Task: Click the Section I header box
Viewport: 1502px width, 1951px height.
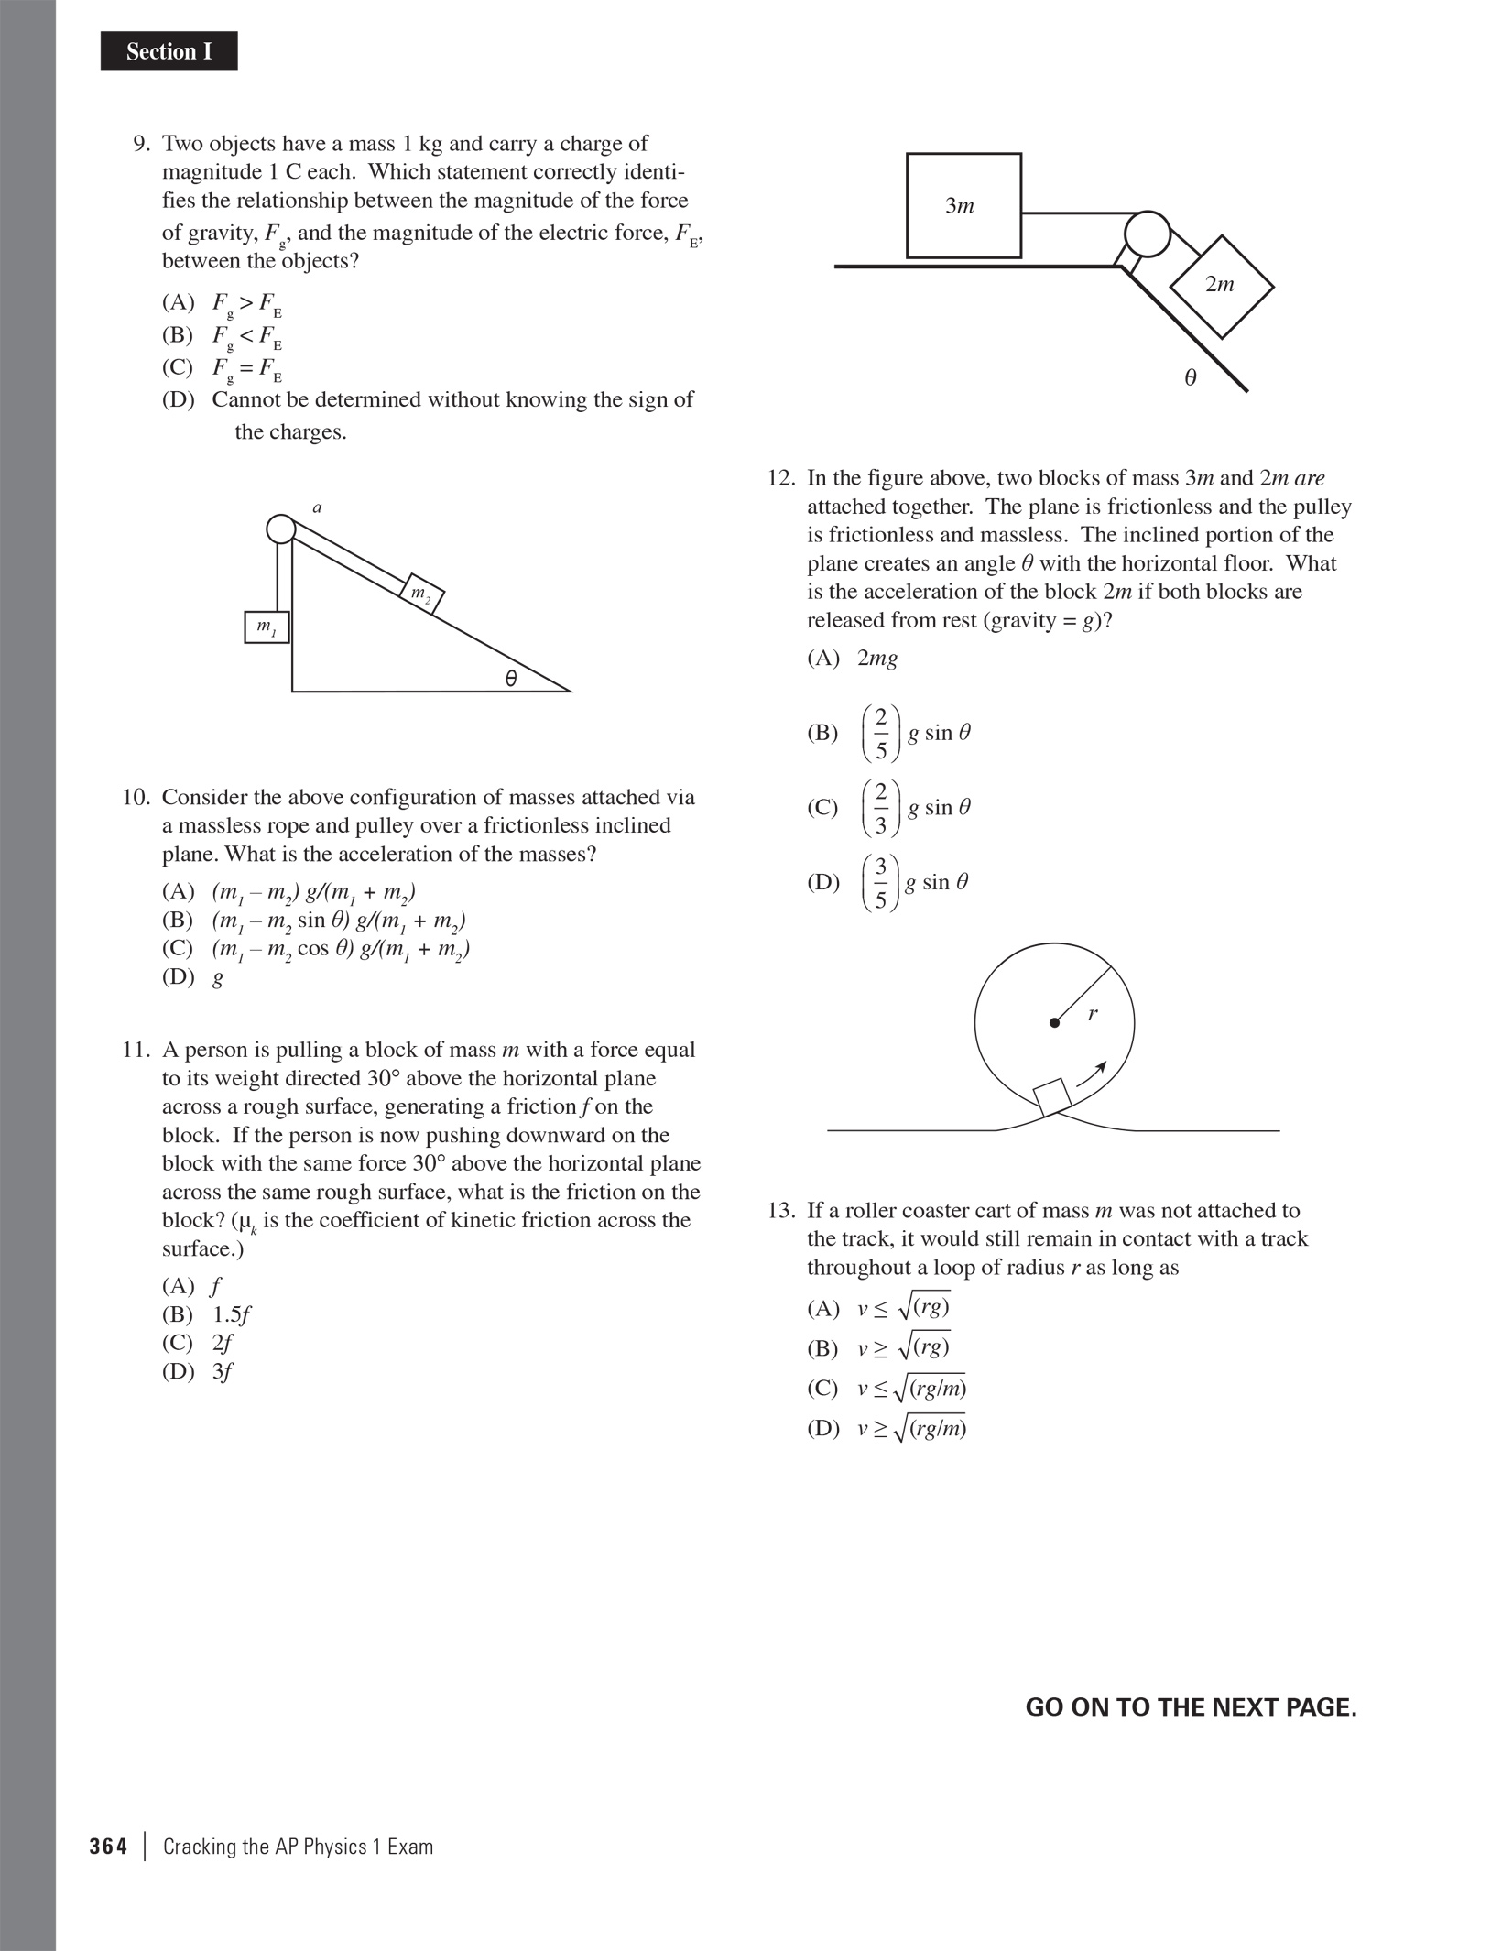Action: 169,51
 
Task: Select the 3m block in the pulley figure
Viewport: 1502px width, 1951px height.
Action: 963,205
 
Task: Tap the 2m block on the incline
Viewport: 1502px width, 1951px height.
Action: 1221,287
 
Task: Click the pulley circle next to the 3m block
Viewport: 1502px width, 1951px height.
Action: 1147,234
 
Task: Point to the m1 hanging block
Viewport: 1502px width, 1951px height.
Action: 267,627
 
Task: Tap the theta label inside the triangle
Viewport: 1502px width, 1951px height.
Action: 510,679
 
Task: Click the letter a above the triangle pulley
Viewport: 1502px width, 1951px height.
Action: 317,507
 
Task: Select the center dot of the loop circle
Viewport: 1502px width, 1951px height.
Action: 1054,1023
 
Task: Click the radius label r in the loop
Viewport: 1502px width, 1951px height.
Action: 1093,1014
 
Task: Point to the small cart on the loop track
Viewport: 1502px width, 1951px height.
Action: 1053,1096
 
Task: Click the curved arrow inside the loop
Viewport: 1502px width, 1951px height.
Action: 1093,1074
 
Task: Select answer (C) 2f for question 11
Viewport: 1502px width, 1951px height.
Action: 197,1343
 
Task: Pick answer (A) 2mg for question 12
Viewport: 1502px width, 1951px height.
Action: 853,658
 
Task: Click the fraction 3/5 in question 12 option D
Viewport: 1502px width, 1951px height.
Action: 880,883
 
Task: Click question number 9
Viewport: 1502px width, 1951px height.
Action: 142,144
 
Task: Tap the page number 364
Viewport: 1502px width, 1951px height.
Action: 108,1847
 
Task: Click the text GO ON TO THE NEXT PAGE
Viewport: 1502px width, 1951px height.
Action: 1191,1707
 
